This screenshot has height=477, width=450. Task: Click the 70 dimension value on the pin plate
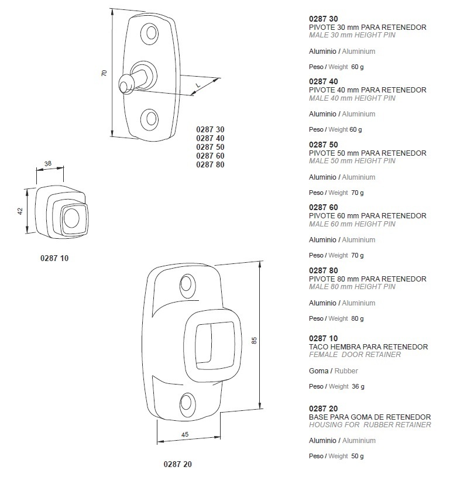point(104,73)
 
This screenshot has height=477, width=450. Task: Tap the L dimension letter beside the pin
point(198,85)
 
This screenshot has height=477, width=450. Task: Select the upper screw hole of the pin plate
point(150,33)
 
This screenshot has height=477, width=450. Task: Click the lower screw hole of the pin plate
point(150,118)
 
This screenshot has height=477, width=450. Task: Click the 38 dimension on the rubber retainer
point(48,164)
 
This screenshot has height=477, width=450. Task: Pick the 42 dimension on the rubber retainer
point(20,211)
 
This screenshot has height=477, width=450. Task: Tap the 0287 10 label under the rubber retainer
point(54,258)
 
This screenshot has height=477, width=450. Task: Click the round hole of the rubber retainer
point(72,218)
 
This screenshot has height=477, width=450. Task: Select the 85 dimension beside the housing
point(255,341)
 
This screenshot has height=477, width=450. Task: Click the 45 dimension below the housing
point(185,435)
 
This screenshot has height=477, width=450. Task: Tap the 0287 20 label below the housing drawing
point(178,464)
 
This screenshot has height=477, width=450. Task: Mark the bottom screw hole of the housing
point(187,403)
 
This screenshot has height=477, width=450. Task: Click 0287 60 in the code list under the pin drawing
point(210,156)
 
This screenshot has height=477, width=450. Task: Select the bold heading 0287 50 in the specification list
point(324,145)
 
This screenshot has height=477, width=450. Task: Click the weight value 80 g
point(358,319)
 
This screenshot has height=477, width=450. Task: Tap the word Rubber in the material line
point(346,371)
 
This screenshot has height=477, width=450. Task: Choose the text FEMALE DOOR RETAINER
point(355,355)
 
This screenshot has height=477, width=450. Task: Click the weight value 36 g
point(358,387)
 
